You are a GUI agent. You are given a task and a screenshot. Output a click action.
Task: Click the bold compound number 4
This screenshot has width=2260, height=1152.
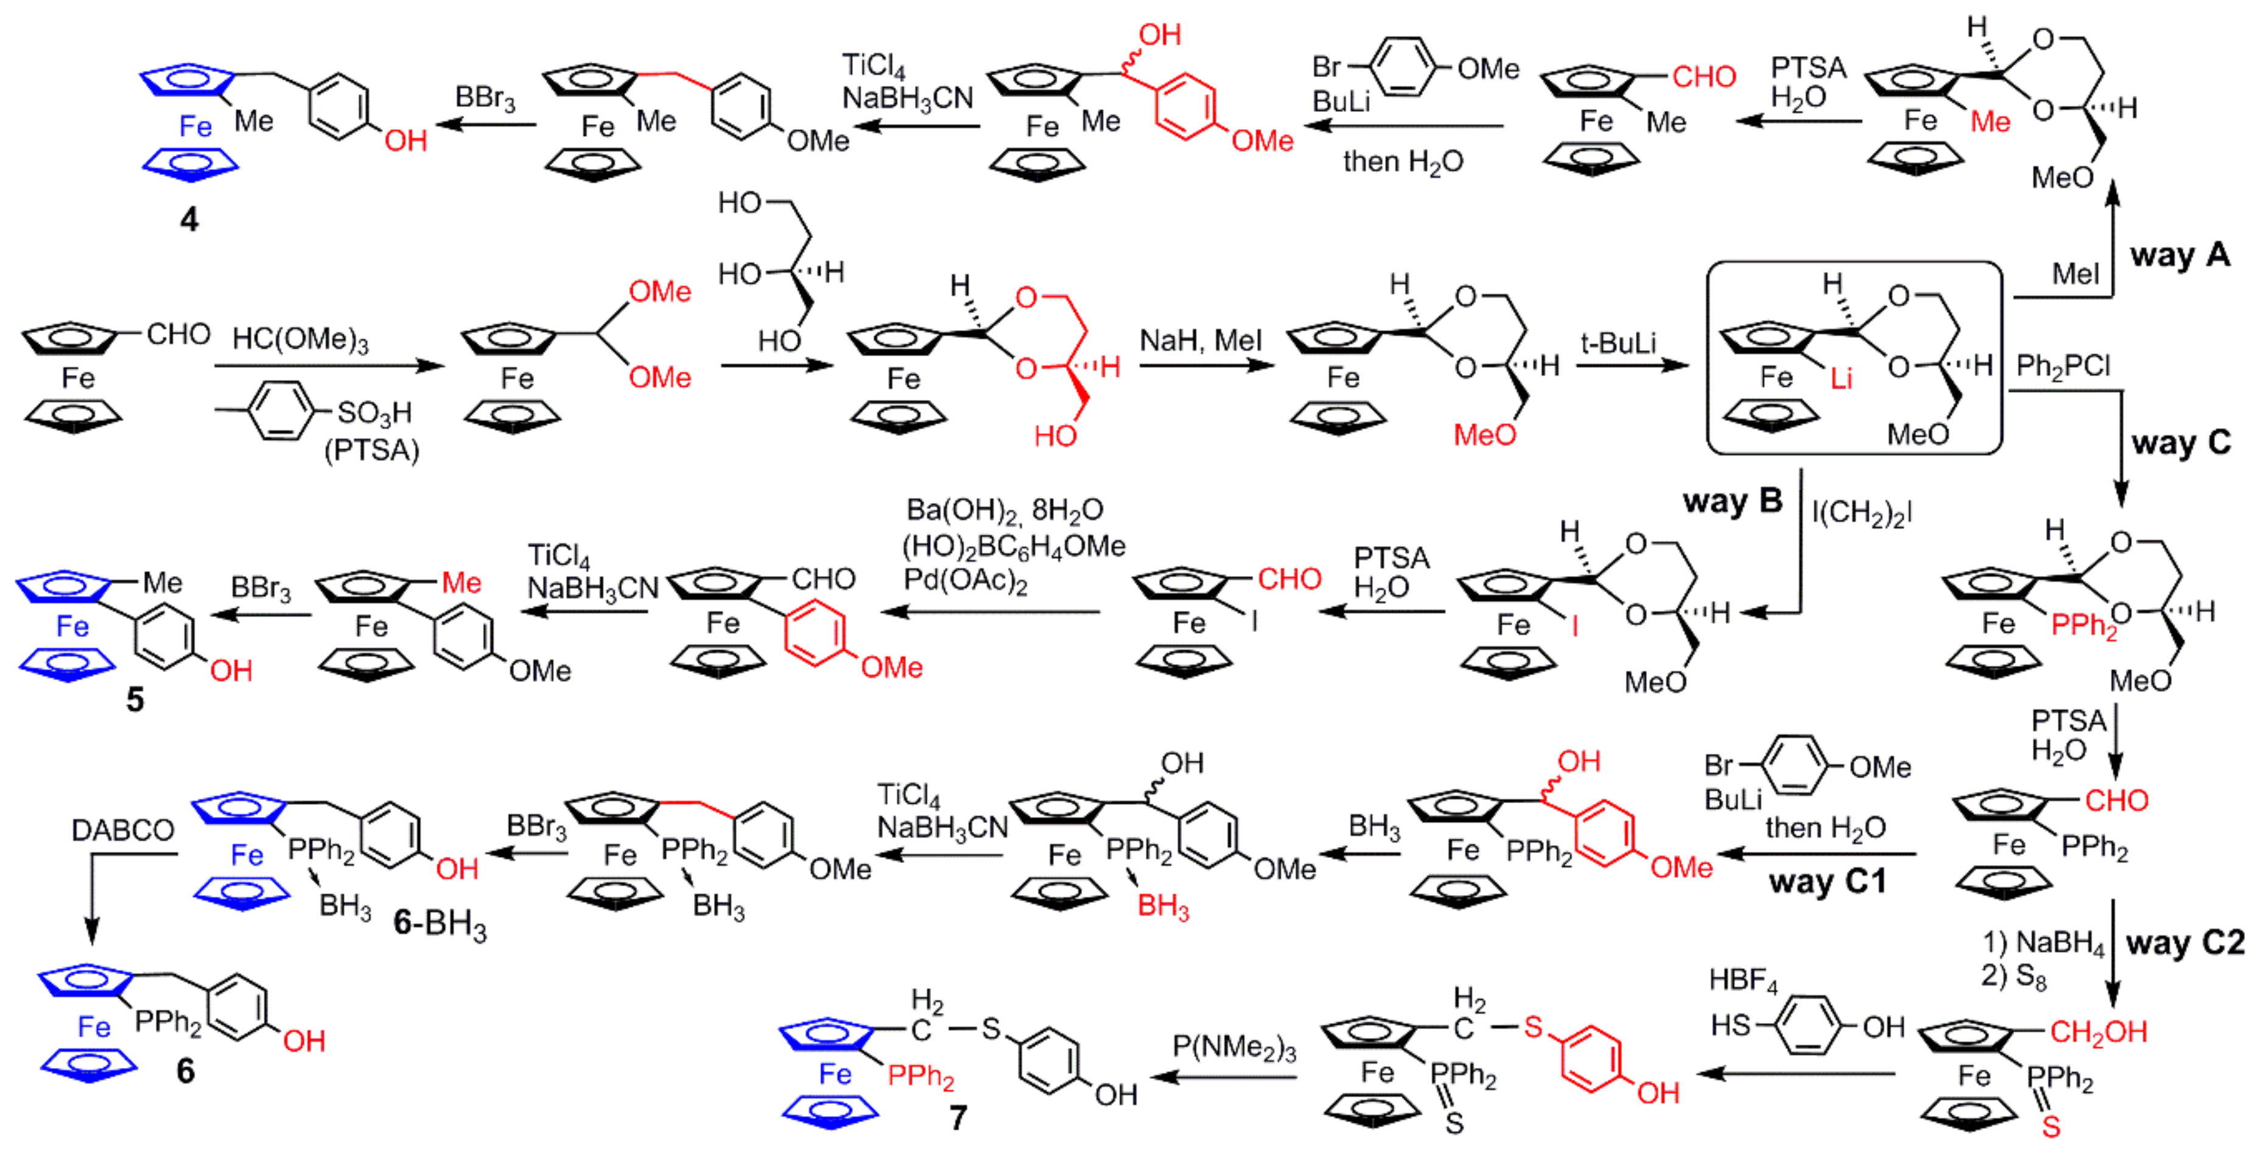pos(189,219)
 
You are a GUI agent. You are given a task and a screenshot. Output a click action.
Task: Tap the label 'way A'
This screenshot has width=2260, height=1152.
pos(2179,255)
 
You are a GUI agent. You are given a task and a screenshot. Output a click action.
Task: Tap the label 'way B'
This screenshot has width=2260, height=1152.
pos(1732,501)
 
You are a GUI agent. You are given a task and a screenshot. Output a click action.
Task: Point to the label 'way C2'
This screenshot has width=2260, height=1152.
pos(2185,943)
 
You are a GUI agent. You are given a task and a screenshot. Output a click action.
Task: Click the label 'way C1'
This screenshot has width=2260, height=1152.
pos(1827,881)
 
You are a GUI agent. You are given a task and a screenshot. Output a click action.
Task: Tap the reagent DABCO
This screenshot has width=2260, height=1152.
pos(123,829)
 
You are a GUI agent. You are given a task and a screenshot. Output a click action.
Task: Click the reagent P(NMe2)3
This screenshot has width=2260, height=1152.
pos(1234,1047)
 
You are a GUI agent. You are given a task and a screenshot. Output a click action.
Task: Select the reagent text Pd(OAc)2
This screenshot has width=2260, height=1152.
pos(965,581)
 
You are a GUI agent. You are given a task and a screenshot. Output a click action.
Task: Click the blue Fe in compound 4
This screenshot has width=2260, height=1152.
pos(195,127)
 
